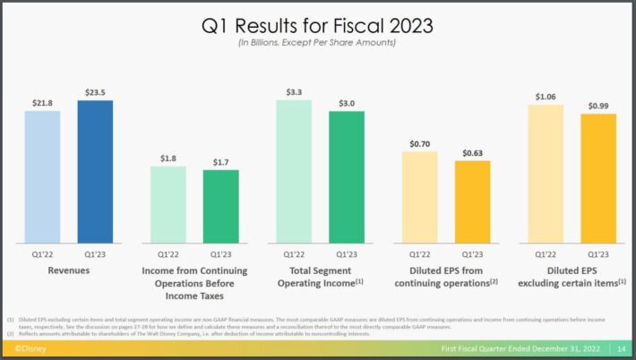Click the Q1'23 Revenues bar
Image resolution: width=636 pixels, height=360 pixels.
click(x=95, y=172)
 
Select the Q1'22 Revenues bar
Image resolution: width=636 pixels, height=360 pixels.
click(x=42, y=177)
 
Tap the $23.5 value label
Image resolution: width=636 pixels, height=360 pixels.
click(x=95, y=91)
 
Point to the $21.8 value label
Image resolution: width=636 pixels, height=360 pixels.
click(x=42, y=102)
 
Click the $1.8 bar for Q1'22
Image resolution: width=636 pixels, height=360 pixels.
click(x=168, y=205)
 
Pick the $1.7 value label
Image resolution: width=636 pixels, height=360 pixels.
click(x=220, y=161)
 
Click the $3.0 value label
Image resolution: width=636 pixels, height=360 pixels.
click(x=347, y=103)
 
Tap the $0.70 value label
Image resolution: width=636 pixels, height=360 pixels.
click(x=419, y=142)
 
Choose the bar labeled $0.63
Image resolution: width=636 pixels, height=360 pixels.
click(x=472, y=202)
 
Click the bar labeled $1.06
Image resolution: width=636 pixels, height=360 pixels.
click(x=546, y=175)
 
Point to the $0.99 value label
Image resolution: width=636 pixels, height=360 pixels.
click(x=598, y=105)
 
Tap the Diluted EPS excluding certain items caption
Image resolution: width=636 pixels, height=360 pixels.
click(x=572, y=276)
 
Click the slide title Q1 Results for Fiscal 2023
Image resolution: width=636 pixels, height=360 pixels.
click(x=318, y=26)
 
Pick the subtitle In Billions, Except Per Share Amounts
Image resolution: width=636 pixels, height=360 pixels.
click(x=318, y=43)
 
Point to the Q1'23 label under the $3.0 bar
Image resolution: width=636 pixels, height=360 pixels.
click(x=347, y=254)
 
